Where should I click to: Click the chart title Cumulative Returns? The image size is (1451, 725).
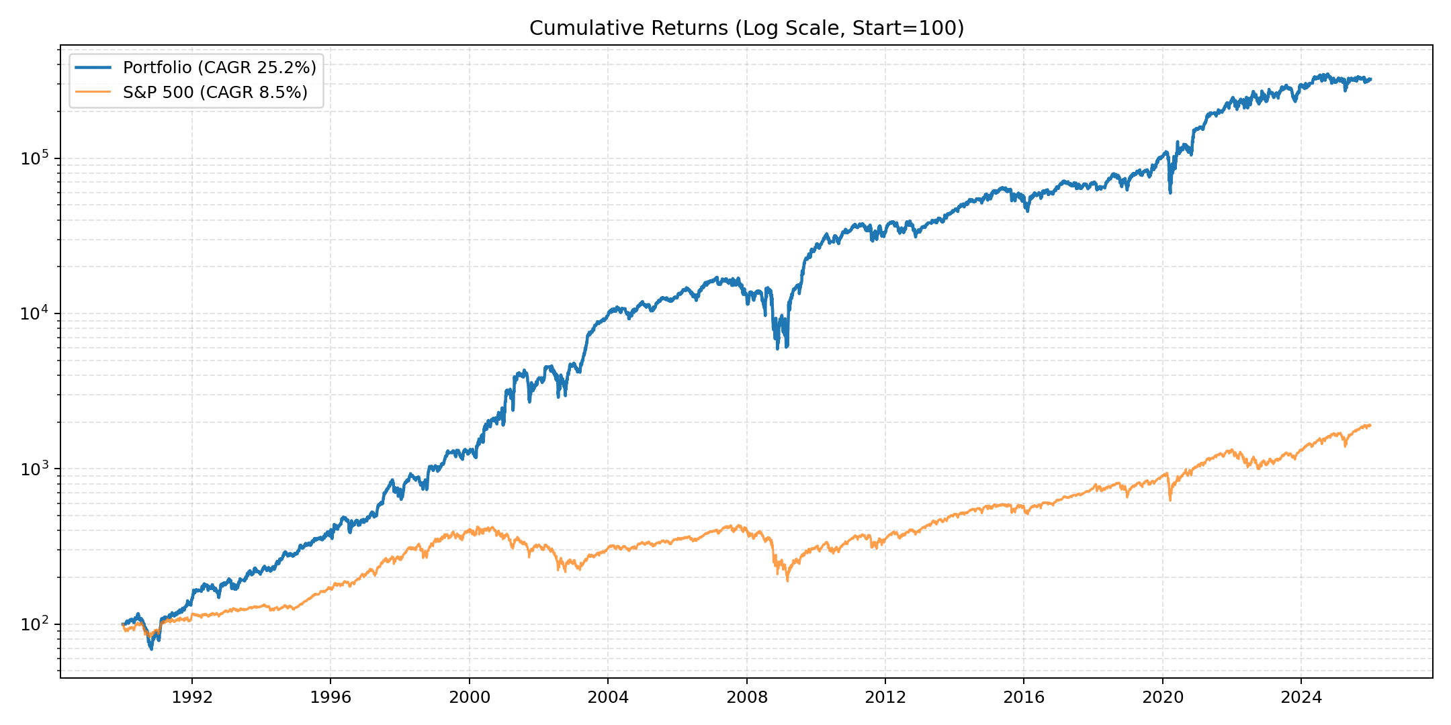(746, 28)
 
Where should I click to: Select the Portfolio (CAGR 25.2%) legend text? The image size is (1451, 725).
(219, 67)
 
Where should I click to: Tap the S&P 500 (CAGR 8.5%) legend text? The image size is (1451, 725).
(215, 93)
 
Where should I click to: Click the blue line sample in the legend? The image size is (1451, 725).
(93, 67)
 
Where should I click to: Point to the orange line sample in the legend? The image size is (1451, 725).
(93, 93)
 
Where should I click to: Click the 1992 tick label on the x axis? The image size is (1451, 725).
(192, 697)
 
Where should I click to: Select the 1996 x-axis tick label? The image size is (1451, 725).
(331, 697)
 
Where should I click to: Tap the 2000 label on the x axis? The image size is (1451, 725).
(470, 697)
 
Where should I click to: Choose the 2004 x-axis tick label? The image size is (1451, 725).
(608, 697)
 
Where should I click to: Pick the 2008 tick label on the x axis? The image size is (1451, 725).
(747, 697)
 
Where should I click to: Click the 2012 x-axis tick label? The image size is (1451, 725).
(885, 697)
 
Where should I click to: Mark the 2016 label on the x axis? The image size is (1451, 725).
(1024, 697)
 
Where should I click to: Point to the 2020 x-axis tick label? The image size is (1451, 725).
(1163, 697)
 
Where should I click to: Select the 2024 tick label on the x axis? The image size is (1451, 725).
(1301, 697)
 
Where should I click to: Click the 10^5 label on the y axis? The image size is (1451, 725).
(36, 158)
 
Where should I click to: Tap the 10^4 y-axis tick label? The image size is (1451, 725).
(36, 313)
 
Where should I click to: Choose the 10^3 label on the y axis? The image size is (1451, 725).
(36, 469)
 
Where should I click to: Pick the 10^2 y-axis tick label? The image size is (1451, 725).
(36, 624)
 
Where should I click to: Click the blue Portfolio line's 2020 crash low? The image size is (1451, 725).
(1170, 193)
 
